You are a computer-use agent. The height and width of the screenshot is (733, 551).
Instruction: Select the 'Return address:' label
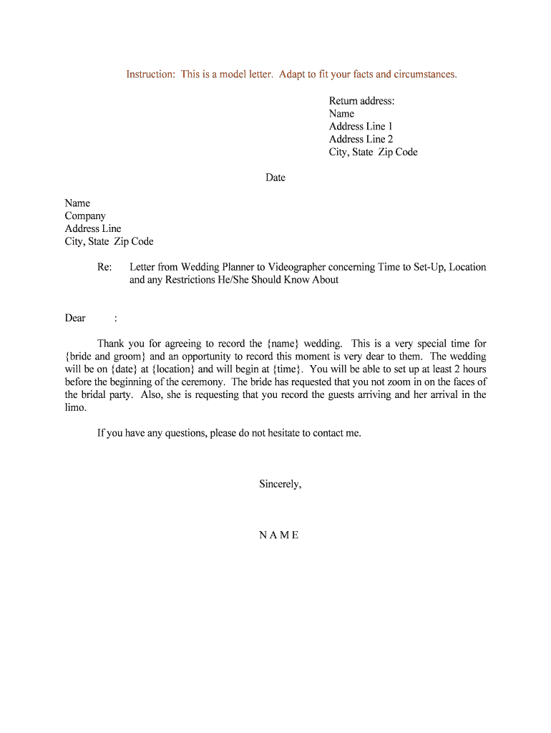point(361,101)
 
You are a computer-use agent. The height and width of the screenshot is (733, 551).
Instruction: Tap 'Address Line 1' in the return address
point(361,127)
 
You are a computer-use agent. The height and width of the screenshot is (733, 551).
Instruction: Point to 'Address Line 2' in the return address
point(361,140)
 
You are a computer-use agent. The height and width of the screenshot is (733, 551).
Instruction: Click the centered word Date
point(275,178)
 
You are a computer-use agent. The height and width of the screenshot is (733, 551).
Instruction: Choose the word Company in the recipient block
point(85,216)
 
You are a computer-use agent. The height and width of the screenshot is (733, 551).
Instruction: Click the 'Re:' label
point(104,267)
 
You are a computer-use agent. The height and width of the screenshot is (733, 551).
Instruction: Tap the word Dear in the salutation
point(75,319)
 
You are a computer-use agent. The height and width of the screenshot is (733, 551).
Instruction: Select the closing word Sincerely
point(279,485)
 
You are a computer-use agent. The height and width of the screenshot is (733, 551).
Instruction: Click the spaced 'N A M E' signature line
point(279,535)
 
